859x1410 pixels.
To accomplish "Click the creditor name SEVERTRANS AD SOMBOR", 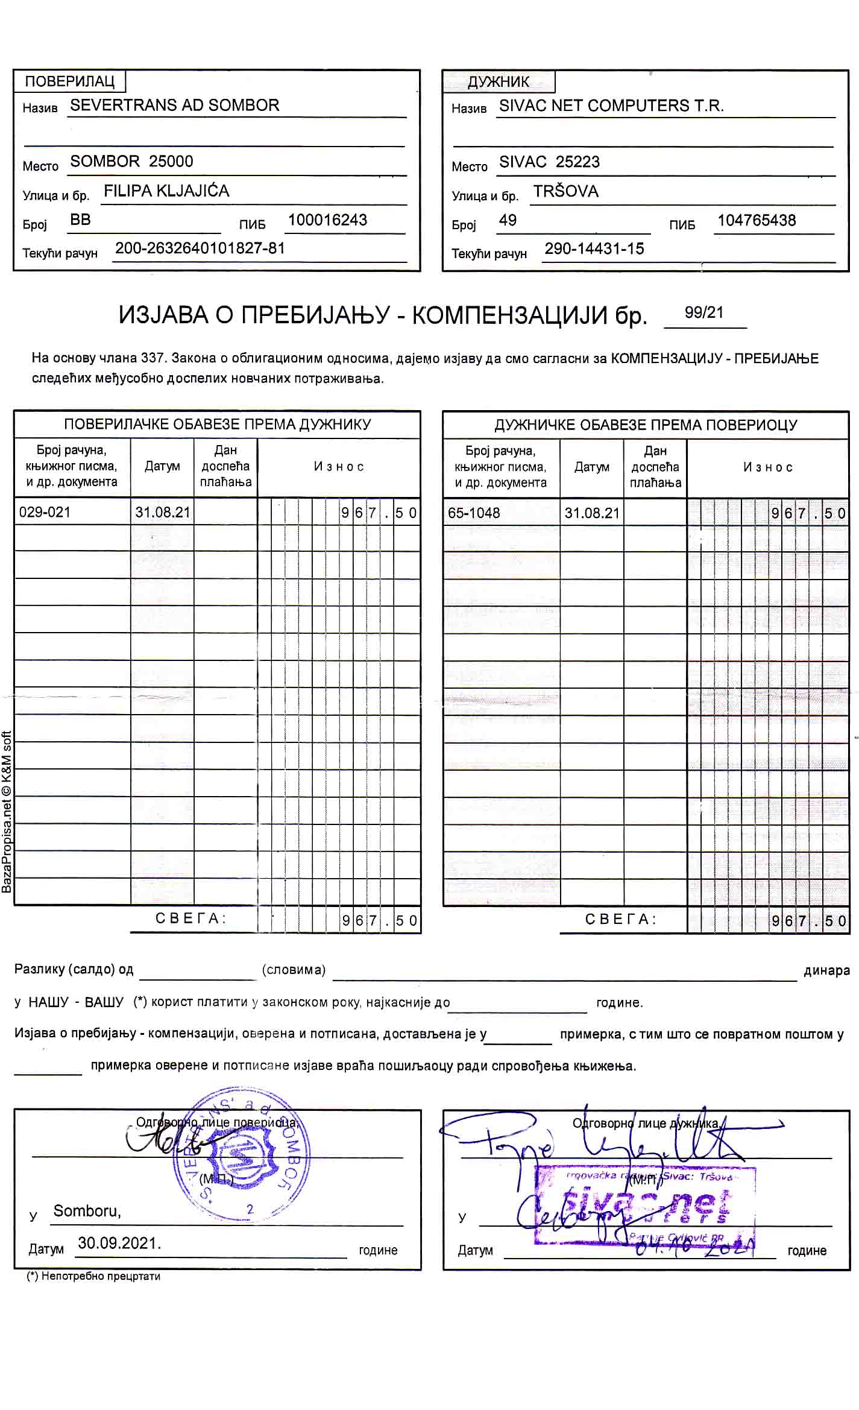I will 175,105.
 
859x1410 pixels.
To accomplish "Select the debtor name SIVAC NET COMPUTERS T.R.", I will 611,106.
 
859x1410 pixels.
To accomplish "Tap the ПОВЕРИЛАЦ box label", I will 69,81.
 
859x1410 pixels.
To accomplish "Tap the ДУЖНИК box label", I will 498,82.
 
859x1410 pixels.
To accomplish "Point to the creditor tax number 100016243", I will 327,220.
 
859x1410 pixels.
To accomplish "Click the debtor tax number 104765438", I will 757,221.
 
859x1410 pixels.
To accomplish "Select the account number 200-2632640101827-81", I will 200,248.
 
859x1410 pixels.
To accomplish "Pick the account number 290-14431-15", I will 594,249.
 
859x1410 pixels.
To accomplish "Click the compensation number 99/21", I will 704,312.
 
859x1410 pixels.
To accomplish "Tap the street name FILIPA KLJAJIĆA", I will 166,191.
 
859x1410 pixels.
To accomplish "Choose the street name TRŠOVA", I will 565,192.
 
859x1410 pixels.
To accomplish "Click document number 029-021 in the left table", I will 45,513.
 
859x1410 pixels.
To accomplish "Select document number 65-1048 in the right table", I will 474,513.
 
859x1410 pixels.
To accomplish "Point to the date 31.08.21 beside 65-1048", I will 591,513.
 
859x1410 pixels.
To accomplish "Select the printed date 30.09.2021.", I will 119,1243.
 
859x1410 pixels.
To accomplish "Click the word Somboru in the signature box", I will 87,1210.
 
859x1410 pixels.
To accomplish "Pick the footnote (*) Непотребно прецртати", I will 93,1276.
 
